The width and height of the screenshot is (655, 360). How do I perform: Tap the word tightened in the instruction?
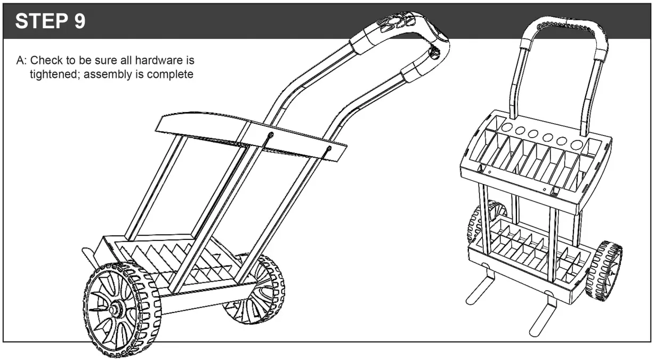click(x=52, y=73)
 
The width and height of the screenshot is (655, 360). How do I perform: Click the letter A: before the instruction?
click(x=22, y=58)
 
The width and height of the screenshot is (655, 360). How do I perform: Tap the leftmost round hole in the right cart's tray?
click(x=505, y=129)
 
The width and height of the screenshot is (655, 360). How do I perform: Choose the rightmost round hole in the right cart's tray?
click(x=576, y=144)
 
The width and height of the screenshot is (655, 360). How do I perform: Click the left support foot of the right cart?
click(x=479, y=289)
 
